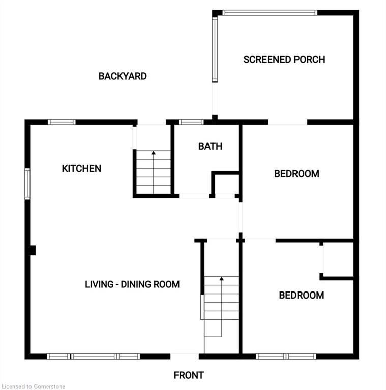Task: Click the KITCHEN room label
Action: tap(81, 169)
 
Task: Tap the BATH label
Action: tap(210, 146)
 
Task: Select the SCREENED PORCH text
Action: tap(284, 60)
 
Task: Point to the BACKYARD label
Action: tap(123, 76)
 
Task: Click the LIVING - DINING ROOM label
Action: tap(132, 284)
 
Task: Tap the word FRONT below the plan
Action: tap(189, 375)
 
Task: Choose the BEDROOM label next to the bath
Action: tap(296, 174)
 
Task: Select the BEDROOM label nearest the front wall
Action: tap(302, 295)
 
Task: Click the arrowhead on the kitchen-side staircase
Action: tap(154, 153)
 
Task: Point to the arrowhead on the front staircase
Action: tap(221, 279)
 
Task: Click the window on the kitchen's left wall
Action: tap(27, 184)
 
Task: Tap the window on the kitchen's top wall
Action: tap(62, 122)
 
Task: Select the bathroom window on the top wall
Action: tap(191, 122)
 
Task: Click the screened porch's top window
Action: tap(270, 12)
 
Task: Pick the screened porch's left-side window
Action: tap(215, 49)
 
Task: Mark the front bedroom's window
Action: tap(286, 356)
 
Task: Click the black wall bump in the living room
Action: tap(33, 250)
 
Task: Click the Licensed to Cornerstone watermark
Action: tap(34, 386)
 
